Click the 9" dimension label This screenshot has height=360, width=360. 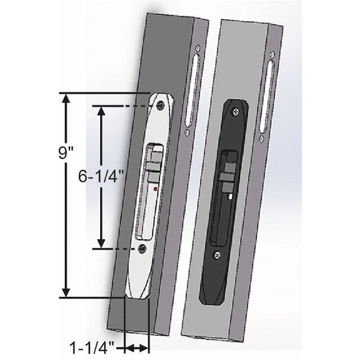[x=65, y=152]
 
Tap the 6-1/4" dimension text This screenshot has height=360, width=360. [x=101, y=177]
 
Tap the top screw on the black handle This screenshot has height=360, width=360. [x=239, y=110]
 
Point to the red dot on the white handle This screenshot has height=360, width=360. [x=155, y=190]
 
